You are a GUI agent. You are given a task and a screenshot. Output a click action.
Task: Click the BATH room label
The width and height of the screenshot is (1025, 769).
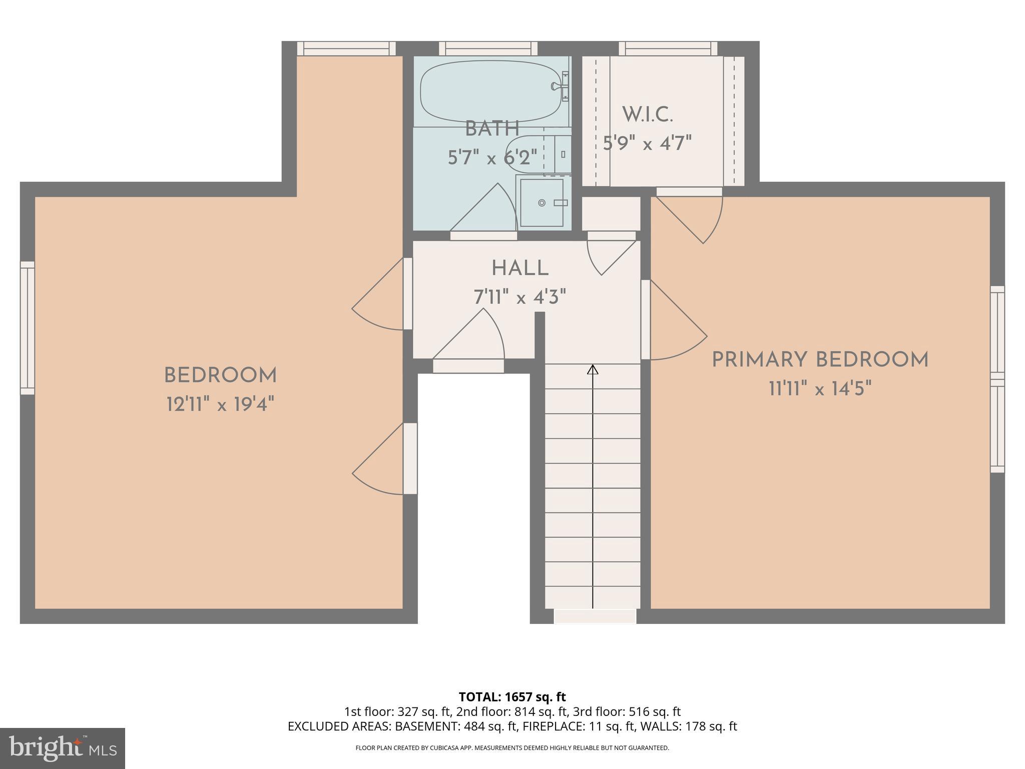[492, 129]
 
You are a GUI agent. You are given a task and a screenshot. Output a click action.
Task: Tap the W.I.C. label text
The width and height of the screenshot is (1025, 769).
[647, 115]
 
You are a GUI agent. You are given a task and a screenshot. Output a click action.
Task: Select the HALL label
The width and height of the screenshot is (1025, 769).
[520, 269]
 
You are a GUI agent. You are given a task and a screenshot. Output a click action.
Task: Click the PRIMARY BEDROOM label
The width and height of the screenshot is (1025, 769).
[820, 360]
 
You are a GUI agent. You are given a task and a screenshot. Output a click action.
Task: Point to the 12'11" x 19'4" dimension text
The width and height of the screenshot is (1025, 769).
[220, 404]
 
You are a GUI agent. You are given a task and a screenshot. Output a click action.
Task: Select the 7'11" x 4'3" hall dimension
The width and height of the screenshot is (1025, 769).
[520, 298]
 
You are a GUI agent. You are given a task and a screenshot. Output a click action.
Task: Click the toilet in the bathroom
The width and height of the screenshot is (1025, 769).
[536, 154]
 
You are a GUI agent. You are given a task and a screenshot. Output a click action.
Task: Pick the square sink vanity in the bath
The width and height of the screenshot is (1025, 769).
[542, 202]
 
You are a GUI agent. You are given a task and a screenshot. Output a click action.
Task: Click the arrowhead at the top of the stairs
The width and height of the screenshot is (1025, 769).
[593, 370]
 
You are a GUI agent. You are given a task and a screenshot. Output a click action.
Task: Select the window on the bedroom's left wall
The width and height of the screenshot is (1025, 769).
[28, 328]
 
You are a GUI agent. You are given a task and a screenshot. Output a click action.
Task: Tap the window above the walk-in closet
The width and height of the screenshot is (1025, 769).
[668, 49]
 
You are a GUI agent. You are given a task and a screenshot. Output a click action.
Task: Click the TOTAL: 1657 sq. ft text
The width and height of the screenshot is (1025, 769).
[512, 697]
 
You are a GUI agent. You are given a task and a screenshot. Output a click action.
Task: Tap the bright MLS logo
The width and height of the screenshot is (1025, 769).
[62, 748]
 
